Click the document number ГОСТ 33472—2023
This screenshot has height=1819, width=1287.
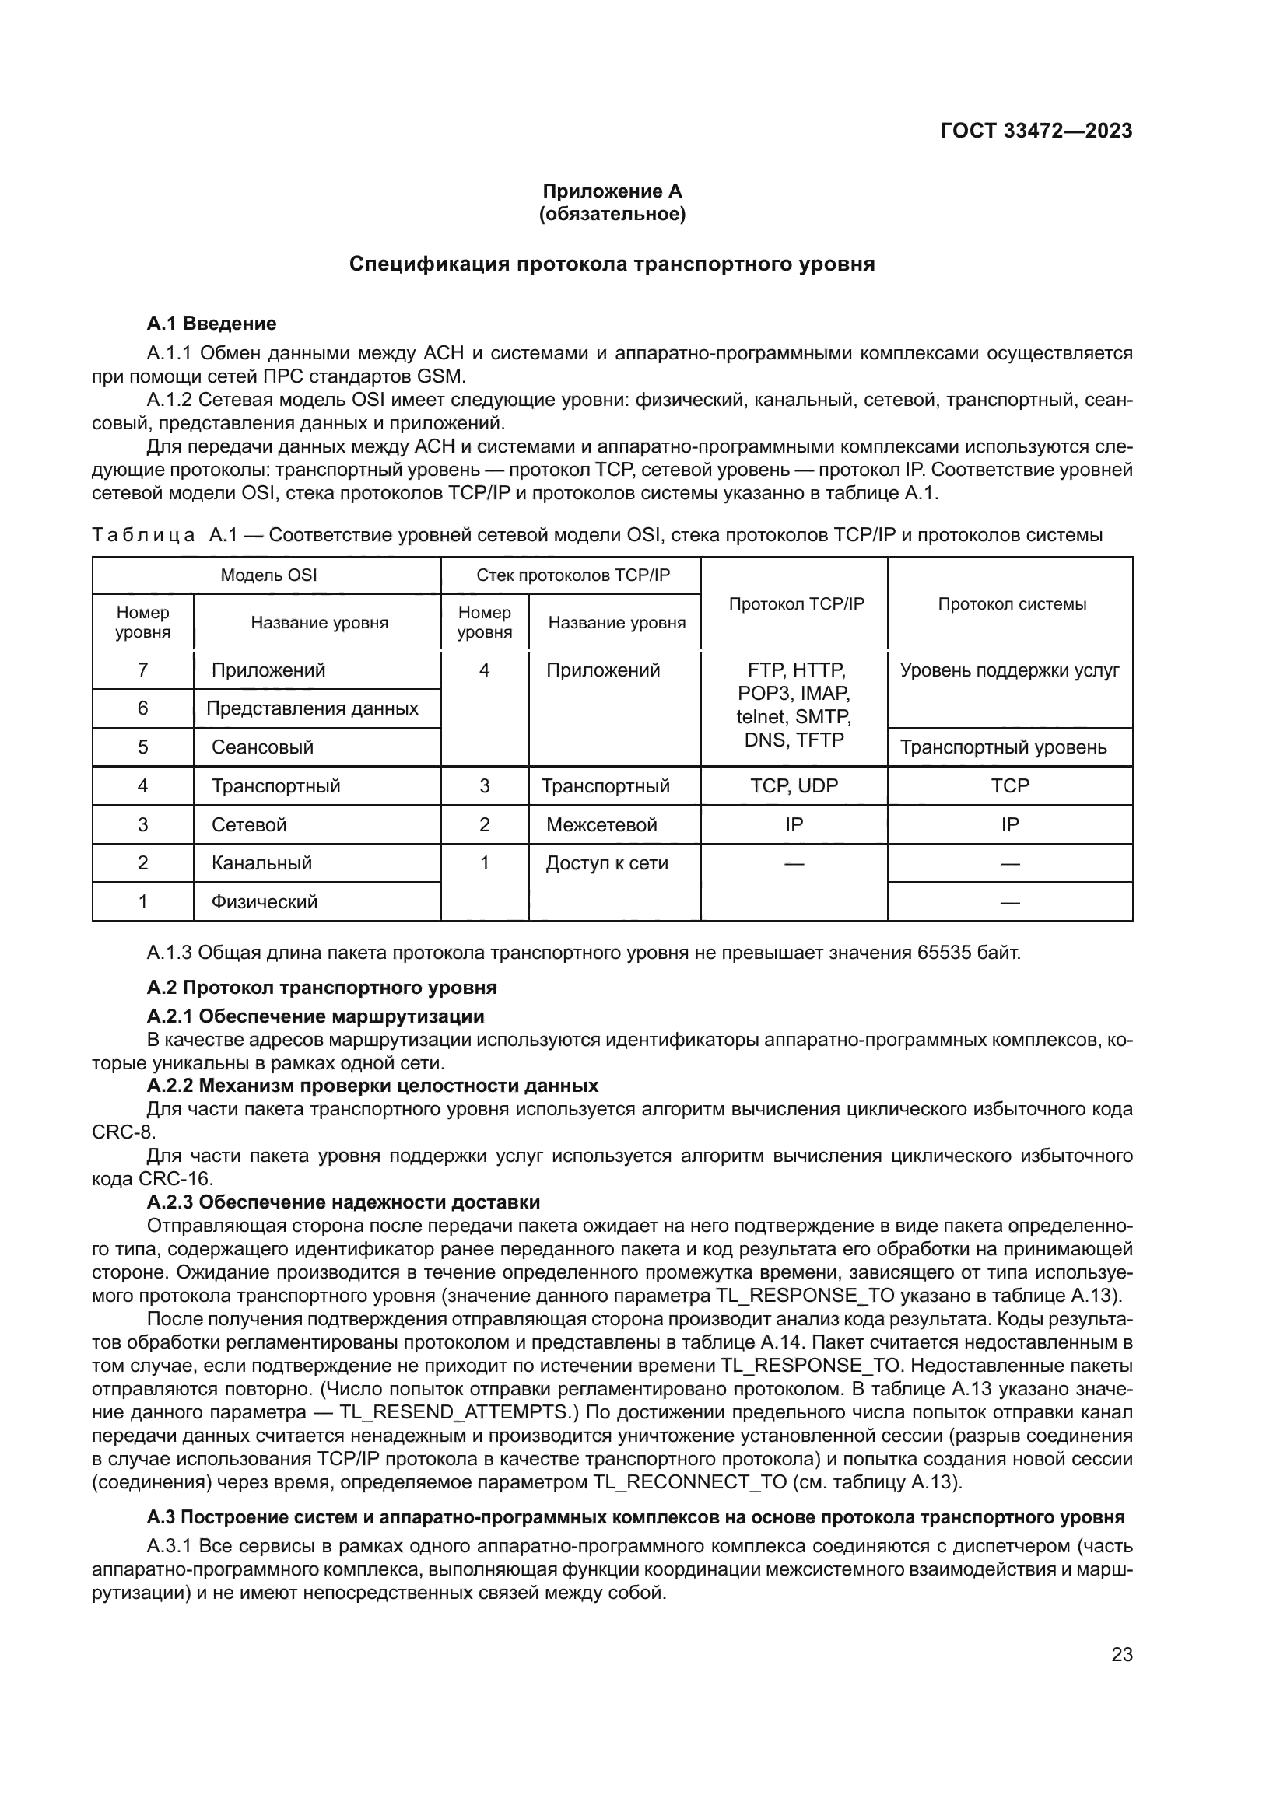coord(1036,131)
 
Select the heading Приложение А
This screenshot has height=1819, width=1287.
coord(612,191)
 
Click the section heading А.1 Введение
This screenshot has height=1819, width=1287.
coord(212,324)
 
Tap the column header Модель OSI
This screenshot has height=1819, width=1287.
coord(268,575)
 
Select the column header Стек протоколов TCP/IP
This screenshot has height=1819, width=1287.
coord(572,575)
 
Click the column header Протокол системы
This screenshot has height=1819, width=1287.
coord(1012,603)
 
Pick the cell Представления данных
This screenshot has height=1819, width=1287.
coord(312,708)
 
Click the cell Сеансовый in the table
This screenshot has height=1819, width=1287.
coord(262,747)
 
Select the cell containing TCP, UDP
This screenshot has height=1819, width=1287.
coord(794,786)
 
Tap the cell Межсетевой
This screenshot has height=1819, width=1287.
coord(601,824)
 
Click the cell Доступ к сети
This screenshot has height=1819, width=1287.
coord(607,862)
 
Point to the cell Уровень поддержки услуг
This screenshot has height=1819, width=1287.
coord(1010,670)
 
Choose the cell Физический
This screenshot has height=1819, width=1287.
coord(264,901)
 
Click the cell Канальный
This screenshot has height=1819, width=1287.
coord(261,862)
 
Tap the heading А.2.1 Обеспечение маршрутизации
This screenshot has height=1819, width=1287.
coord(315,1016)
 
